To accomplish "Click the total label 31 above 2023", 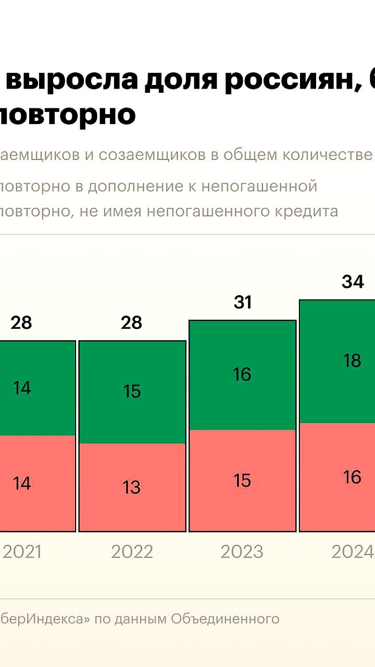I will [243, 302].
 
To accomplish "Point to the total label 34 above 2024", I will [353, 282].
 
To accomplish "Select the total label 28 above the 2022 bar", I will [131, 323].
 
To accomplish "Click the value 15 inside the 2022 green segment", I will [132, 391].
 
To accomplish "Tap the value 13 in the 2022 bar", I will [132, 487].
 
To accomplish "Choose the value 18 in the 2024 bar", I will [353, 361].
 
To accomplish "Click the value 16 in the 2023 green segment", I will [243, 374].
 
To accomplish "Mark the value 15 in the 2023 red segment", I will [243, 480].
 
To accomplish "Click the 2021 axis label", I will [22, 552].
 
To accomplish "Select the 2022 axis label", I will [132, 552].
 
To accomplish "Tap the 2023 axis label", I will [242, 552].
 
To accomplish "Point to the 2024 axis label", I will [353, 552].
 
